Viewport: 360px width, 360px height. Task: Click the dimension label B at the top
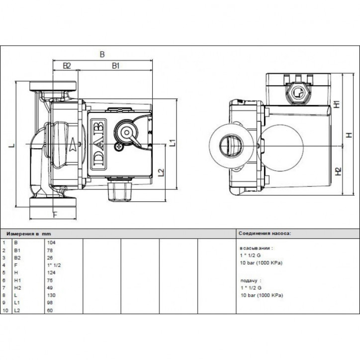[x=102, y=54]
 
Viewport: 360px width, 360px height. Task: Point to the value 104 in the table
[x=50, y=243]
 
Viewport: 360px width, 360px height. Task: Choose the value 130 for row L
[x=50, y=294]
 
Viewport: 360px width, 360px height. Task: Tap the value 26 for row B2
[x=49, y=258]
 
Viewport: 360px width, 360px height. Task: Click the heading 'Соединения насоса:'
[x=264, y=233]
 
